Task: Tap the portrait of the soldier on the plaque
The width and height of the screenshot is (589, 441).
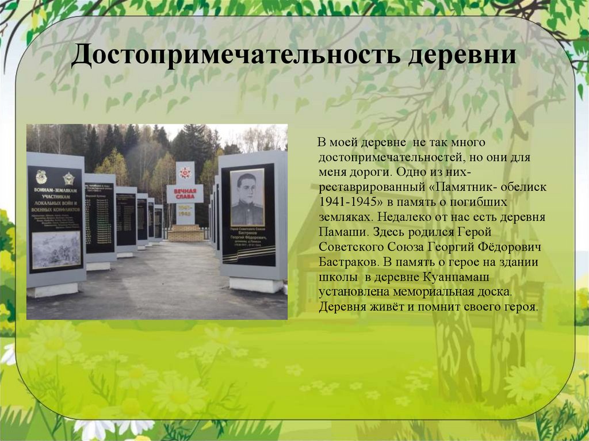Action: [247, 198]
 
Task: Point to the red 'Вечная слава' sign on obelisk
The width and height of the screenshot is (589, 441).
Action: [185, 193]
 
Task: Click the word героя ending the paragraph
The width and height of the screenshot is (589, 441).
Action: [520, 306]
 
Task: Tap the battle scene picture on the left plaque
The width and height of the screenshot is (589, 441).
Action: [56, 250]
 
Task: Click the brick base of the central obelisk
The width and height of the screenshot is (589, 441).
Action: [185, 233]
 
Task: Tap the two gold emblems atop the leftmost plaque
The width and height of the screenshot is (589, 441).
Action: [55, 177]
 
